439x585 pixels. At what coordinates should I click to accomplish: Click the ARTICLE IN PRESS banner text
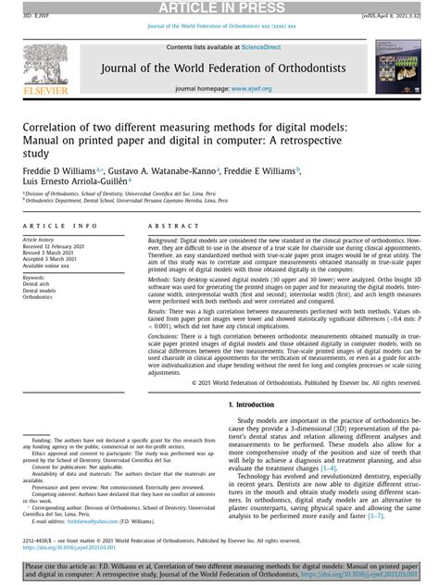coord(219,7)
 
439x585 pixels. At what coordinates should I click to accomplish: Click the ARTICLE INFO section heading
coord(59,226)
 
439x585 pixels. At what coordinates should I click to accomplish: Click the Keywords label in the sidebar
coord(34,276)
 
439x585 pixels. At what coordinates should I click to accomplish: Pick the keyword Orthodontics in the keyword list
coord(38,297)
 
